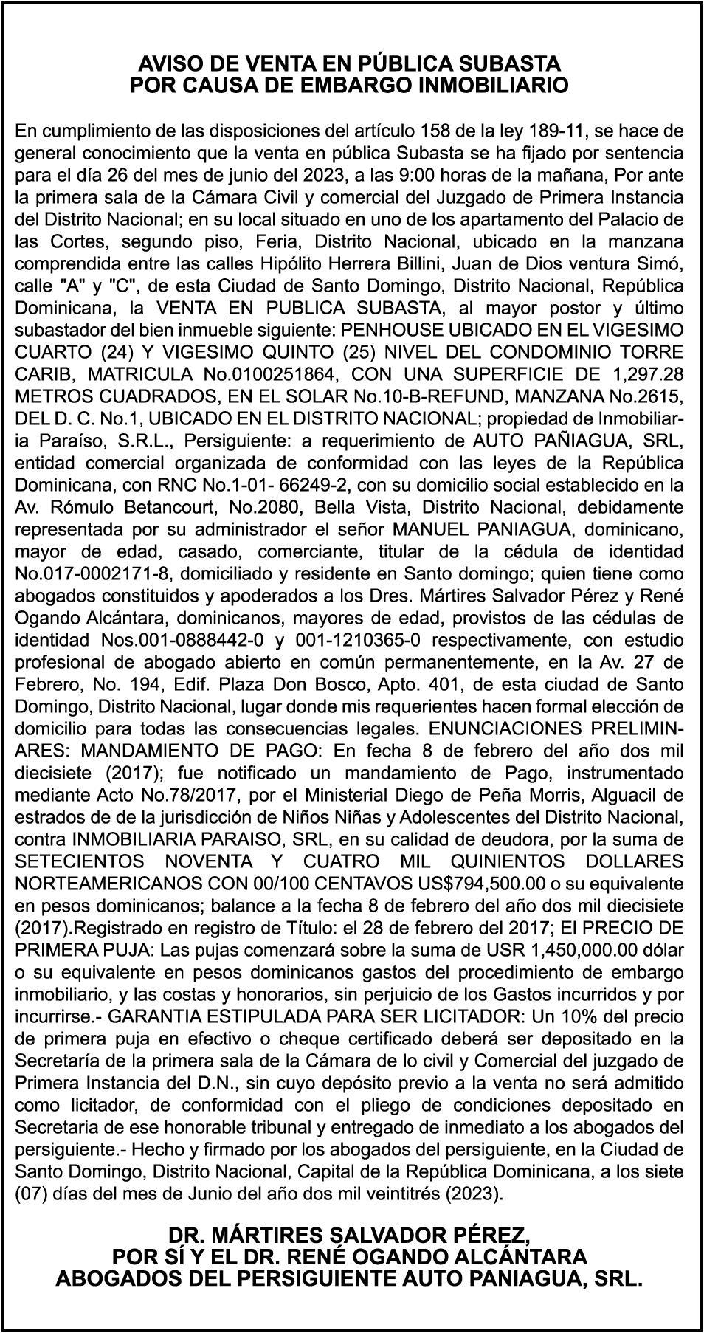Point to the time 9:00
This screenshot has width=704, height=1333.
[415, 176]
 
